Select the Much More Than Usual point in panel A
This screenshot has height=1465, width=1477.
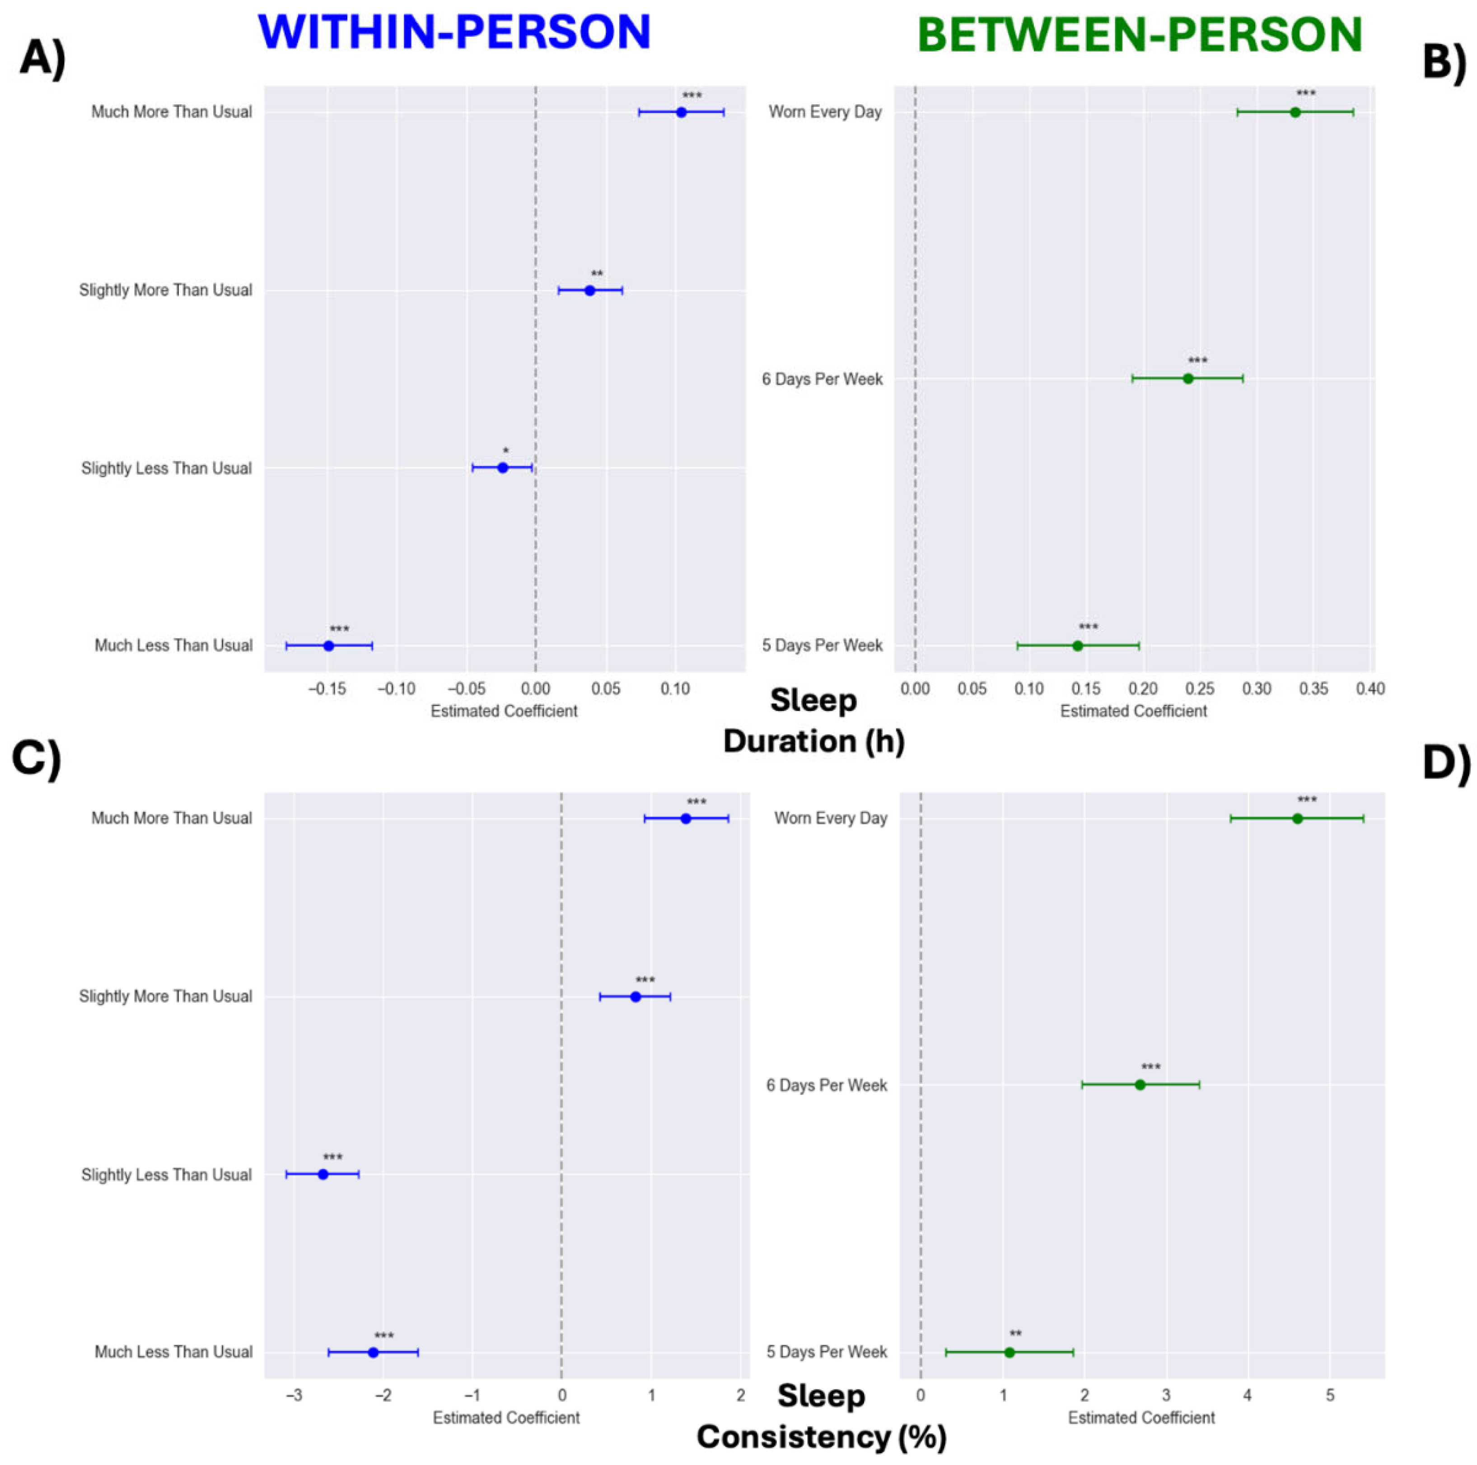click(681, 112)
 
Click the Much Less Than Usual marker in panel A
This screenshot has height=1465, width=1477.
click(329, 646)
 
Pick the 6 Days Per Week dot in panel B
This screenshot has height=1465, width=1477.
click(1188, 379)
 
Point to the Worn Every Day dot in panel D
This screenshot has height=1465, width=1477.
click(1297, 818)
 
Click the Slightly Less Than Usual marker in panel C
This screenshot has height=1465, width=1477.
click(323, 1175)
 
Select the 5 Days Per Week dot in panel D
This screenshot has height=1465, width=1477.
click(1009, 1353)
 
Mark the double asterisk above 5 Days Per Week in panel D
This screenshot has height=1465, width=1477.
click(1015, 1335)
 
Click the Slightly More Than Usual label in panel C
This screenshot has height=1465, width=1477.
click(166, 996)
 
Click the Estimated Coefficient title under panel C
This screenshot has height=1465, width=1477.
click(506, 1418)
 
